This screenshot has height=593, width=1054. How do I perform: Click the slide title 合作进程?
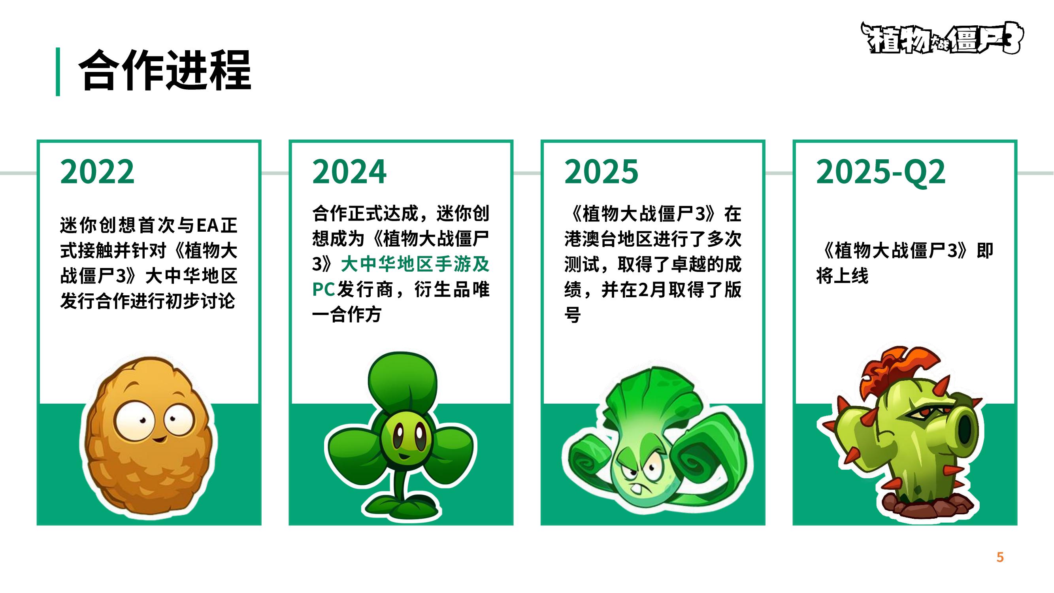[x=165, y=70]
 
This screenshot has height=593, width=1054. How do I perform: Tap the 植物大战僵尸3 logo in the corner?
[x=941, y=38]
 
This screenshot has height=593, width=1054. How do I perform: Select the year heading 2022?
[x=97, y=172]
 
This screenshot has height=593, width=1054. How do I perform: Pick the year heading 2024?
[x=349, y=172]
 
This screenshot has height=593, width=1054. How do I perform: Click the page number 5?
[x=1000, y=557]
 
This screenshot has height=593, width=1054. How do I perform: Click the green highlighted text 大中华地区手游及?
[x=415, y=264]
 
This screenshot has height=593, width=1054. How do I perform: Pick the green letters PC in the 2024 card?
[x=324, y=289]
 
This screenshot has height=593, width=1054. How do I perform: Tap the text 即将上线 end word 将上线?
[x=842, y=276]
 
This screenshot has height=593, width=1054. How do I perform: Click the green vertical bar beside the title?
[x=58, y=72]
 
